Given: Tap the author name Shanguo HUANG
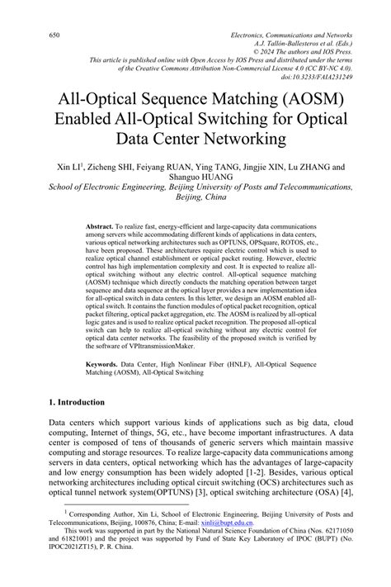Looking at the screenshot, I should click(196, 176).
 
